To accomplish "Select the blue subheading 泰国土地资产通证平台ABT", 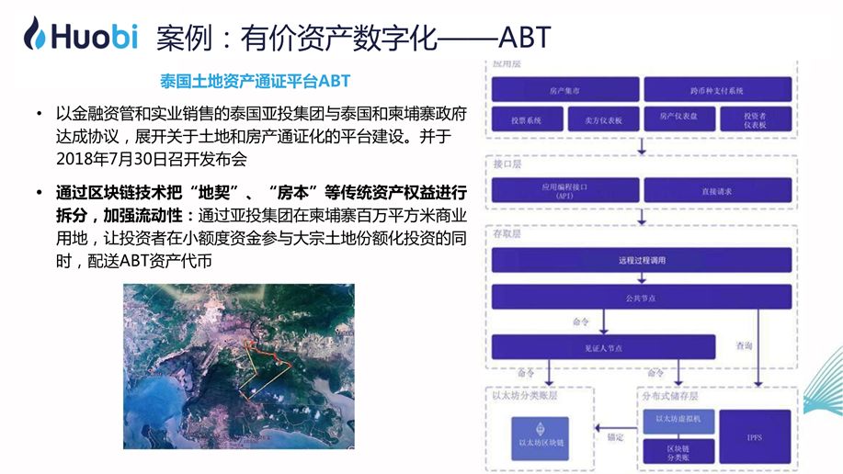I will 255,81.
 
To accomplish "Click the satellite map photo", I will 238,366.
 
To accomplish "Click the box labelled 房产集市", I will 564,90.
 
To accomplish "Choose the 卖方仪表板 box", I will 602,120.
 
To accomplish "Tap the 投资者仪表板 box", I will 757,120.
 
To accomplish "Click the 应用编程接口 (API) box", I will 564,191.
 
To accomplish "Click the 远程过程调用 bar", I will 641,260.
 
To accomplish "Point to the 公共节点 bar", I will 641,297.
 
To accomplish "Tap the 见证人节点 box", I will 603,346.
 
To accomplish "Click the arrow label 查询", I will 745,346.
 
